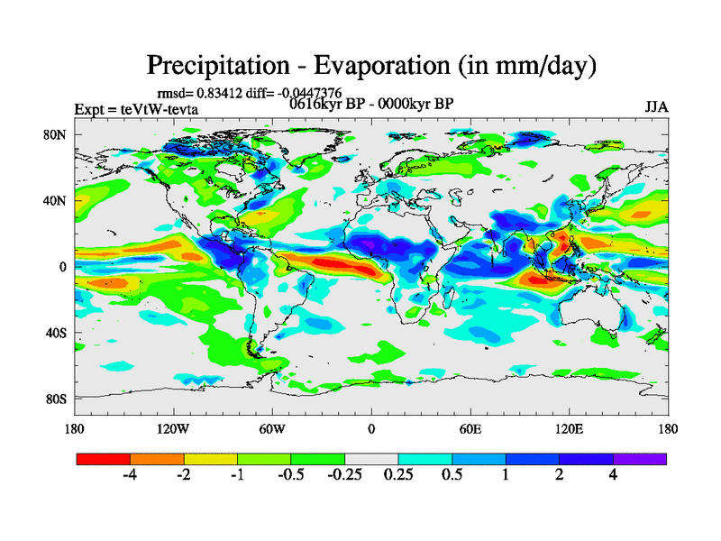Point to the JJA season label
(x=656, y=107)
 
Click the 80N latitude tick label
(x=55, y=134)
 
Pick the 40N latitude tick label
(x=55, y=200)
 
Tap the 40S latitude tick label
(x=55, y=333)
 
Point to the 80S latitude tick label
(x=55, y=399)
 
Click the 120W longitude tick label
(x=173, y=428)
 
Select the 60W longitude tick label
(x=272, y=428)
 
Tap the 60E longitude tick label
(x=470, y=428)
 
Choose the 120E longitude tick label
(x=569, y=428)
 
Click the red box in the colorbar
(x=104, y=459)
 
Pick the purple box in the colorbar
(x=640, y=459)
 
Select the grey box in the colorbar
(x=371, y=459)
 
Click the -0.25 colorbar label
(x=344, y=476)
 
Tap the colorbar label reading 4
(x=613, y=476)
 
